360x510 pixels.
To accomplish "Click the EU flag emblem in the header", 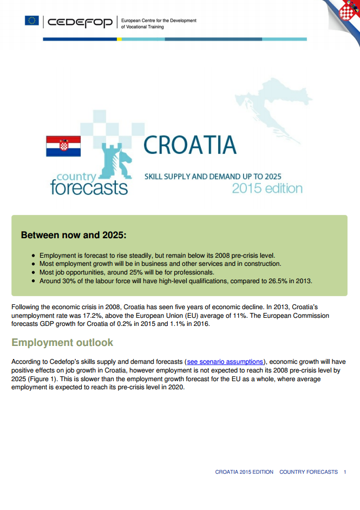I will tap(31, 21).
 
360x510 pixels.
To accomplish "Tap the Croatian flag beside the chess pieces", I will tap(63, 146).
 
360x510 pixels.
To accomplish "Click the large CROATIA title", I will tap(190, 145).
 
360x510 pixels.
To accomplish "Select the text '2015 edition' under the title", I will tap(267, 188).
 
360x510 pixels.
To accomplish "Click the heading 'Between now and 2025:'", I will tap(74, 236).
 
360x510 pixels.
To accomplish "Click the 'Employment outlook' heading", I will tap(62, 343).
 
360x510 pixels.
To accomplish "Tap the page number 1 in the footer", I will tap(345, 472).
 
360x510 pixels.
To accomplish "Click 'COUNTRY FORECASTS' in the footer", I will tap(309, 472).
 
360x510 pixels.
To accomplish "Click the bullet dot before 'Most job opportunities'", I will tap(34, 272).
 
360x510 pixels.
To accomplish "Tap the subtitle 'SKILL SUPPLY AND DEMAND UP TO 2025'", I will tap(213, 176).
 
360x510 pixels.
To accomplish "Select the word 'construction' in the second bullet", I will tap(262, 264).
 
